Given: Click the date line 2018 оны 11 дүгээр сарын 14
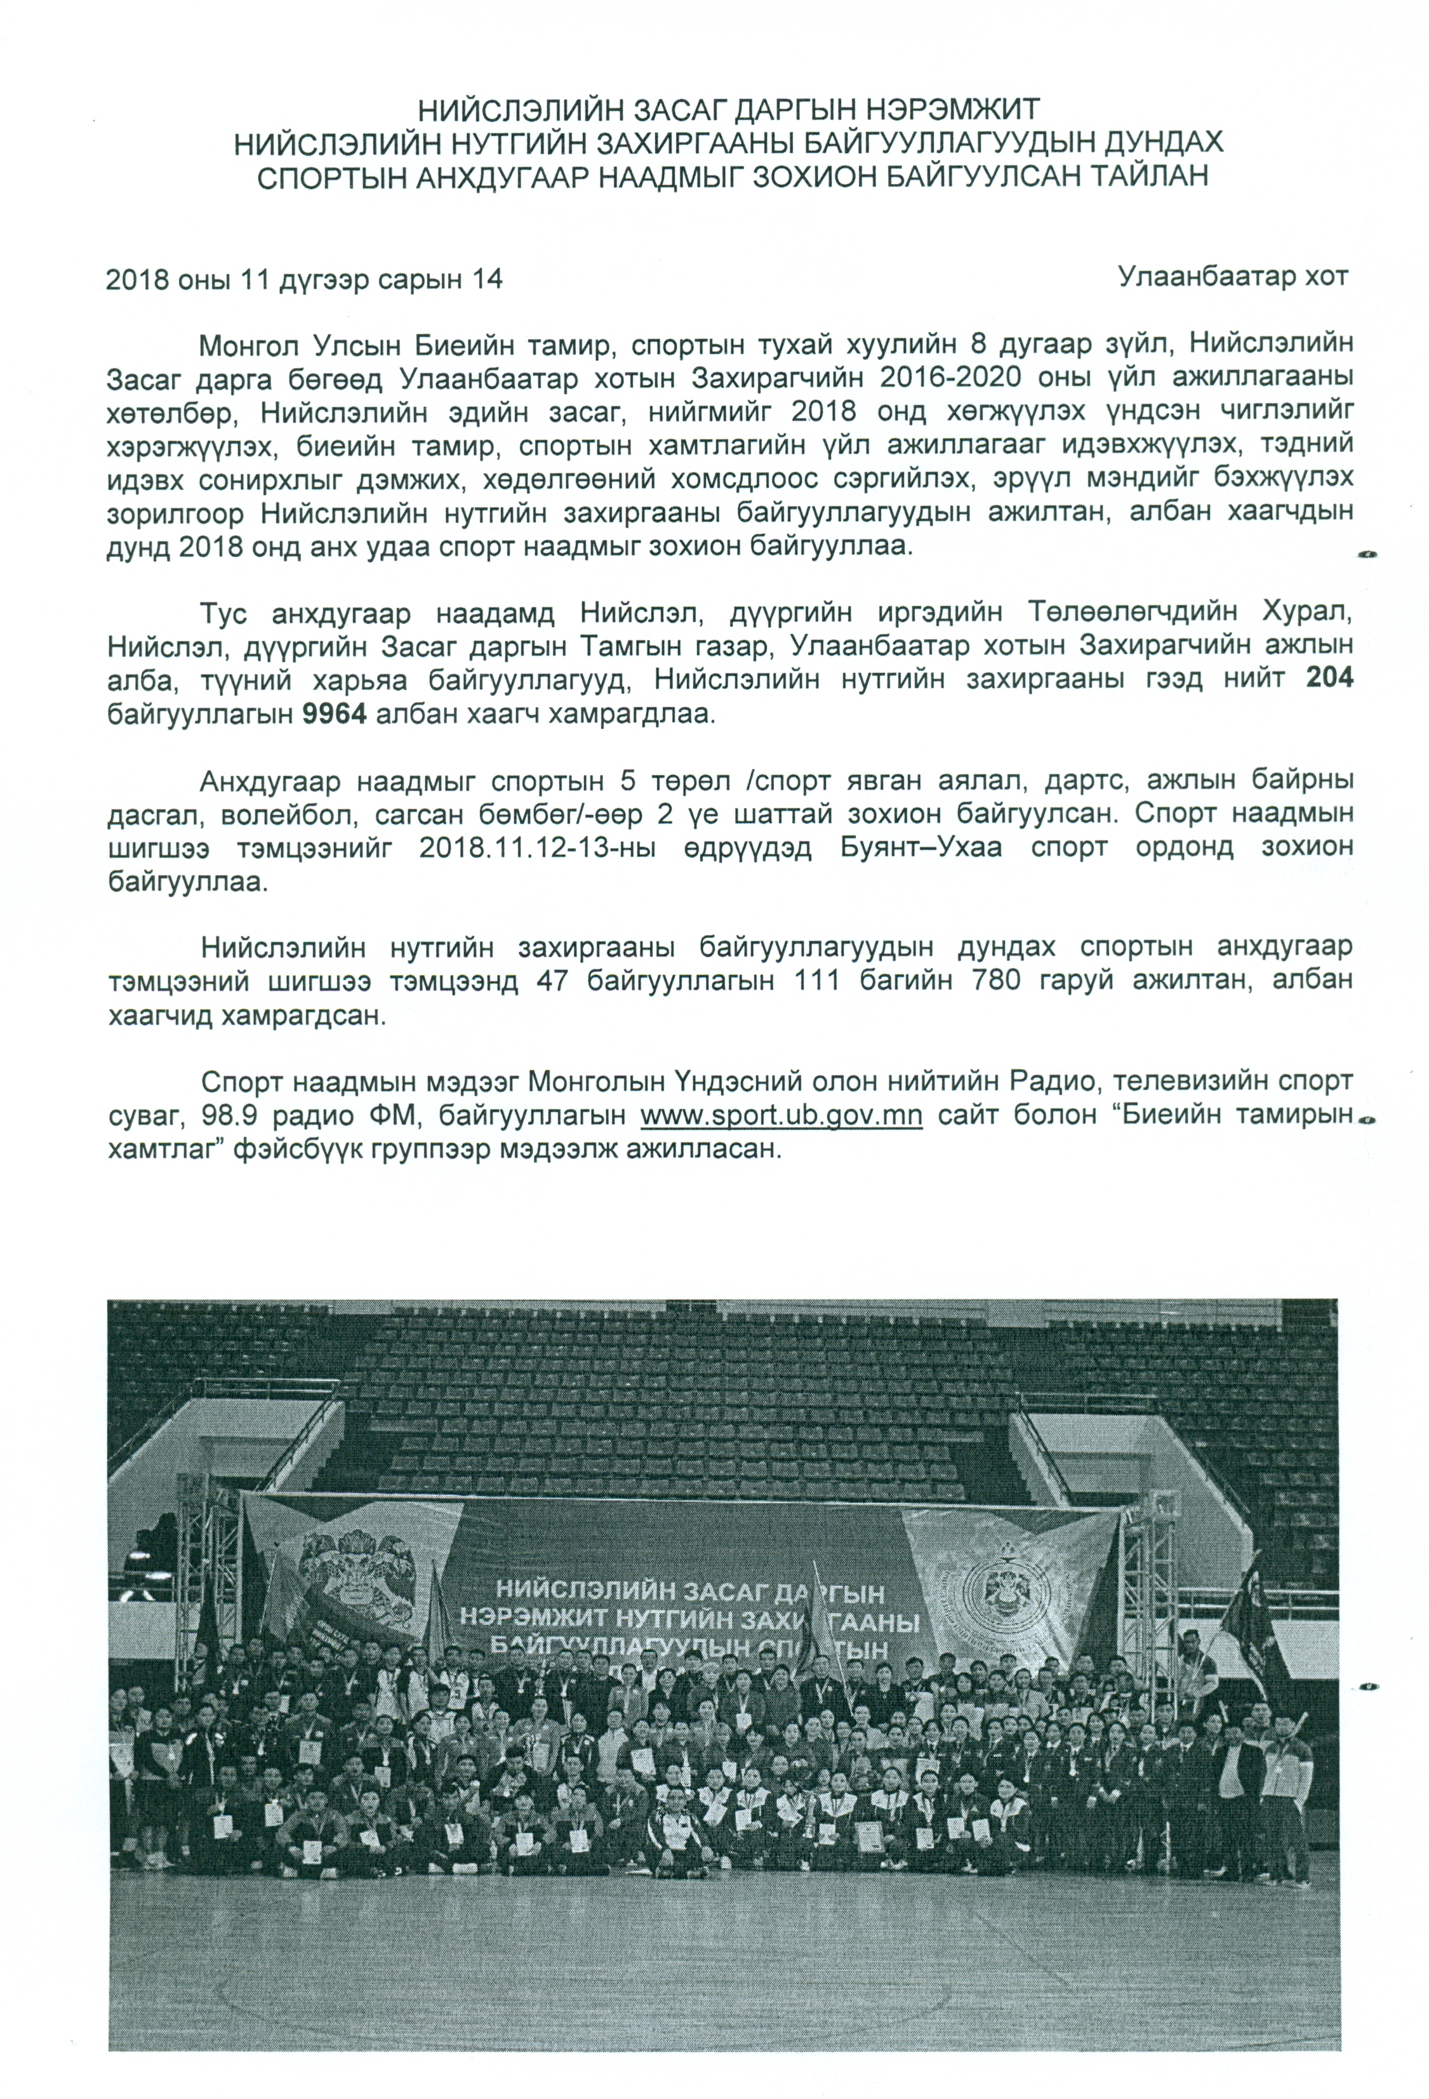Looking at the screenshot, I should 303,280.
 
